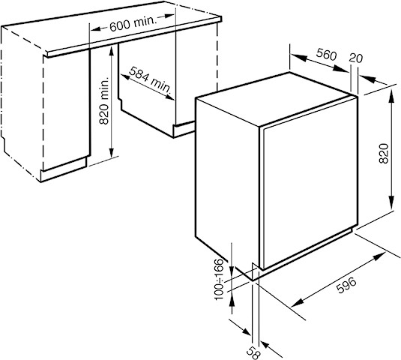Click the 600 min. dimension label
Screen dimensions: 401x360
(x=133, y=24)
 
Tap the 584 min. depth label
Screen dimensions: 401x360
(x=150, y=80)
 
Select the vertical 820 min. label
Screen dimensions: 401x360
(x=104, y=101)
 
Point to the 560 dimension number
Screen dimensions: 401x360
(x=326, y=54)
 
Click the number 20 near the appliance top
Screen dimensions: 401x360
(x=356, y=58)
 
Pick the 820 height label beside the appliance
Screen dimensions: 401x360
(x=384, y=154)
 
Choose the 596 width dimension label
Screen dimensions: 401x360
(x=346, y=285)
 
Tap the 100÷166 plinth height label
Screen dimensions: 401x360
(x=219, y=280)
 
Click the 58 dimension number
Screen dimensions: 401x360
(x=253, y=353)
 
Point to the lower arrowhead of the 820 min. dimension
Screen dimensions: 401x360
(x=111, y=153)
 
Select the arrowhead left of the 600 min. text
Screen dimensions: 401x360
(x=96, y=29)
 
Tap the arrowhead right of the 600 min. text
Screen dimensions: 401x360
(x=169, y=16)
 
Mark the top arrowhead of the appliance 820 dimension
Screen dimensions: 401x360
(x=391, y=96)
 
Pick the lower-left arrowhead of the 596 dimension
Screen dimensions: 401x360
(x=296, y=303)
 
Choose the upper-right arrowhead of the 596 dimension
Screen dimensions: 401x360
(x=380, y=256)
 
